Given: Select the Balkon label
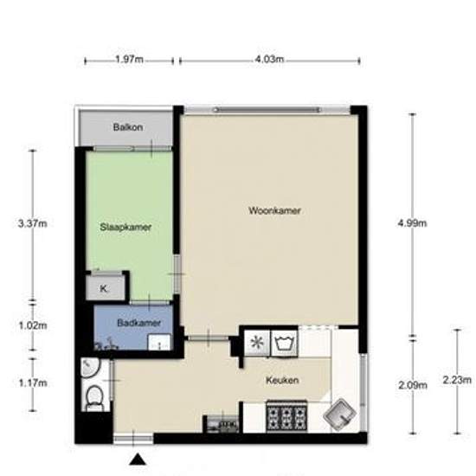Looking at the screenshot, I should (x=127, y=128).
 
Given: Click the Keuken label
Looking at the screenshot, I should (x=283, y=380).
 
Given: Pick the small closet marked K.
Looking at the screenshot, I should (x=106, y=289).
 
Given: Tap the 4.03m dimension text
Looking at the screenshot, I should (x=269, y=60).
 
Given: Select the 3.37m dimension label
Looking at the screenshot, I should (x=31, y=223).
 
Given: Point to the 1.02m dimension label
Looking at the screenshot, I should (x=31, y=326).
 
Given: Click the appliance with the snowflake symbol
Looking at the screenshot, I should (x=256, y=342).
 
